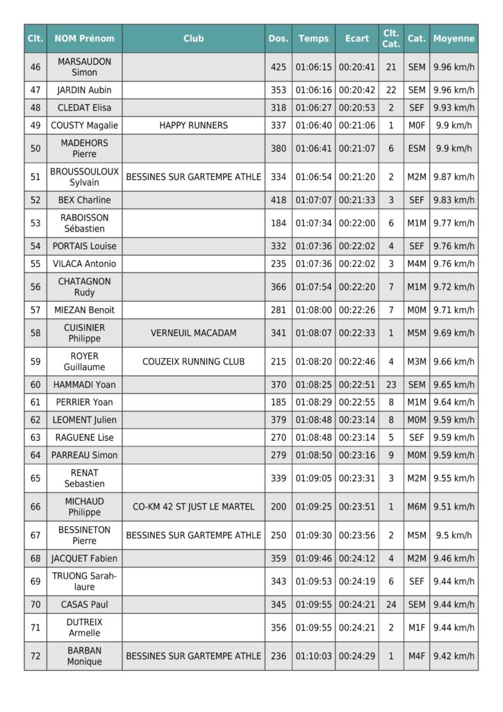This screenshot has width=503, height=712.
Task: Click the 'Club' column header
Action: pos(193,39)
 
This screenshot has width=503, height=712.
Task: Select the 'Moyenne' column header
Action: pos(454,39)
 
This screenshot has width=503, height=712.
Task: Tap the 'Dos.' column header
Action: pos(278,39)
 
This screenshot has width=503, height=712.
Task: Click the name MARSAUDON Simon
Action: pos(84,67)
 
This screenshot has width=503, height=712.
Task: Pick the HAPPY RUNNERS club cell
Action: pos(193,125)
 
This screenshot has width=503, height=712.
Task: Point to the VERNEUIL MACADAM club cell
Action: pos(193,333)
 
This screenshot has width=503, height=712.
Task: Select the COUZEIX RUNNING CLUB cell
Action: pos(193,362)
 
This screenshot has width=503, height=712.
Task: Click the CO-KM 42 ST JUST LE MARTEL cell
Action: pos(193,507)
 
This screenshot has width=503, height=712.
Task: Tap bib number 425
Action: pos(278,67)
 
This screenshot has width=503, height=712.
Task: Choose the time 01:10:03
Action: pos(313,656)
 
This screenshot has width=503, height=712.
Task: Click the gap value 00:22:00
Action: pos(356,223)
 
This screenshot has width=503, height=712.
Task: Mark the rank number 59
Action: pos(35,362)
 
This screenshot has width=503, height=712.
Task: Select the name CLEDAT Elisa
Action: pos(84,108)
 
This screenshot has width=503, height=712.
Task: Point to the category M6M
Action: pos(416,507)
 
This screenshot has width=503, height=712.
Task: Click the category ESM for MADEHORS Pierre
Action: pos(416,148)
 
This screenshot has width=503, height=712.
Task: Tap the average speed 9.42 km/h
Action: pos(454,656)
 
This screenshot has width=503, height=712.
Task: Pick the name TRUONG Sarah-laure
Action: pos(84,581)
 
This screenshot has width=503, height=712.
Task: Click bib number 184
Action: pos(278,223)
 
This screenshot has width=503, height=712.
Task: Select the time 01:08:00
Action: pos(313,310)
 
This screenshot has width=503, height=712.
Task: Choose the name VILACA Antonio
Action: pos(84,264)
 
